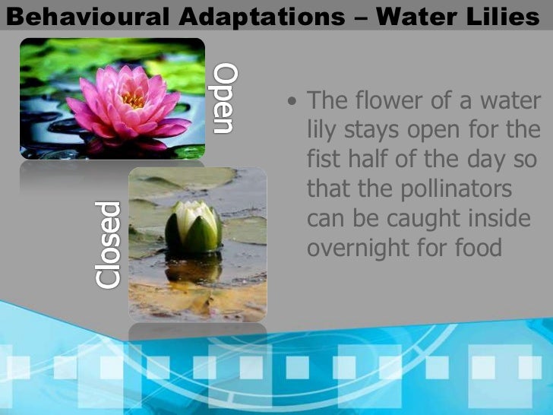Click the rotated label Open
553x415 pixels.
(225, 99)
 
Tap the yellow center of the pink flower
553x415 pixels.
(132, 99)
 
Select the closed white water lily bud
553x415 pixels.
(194, 228)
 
